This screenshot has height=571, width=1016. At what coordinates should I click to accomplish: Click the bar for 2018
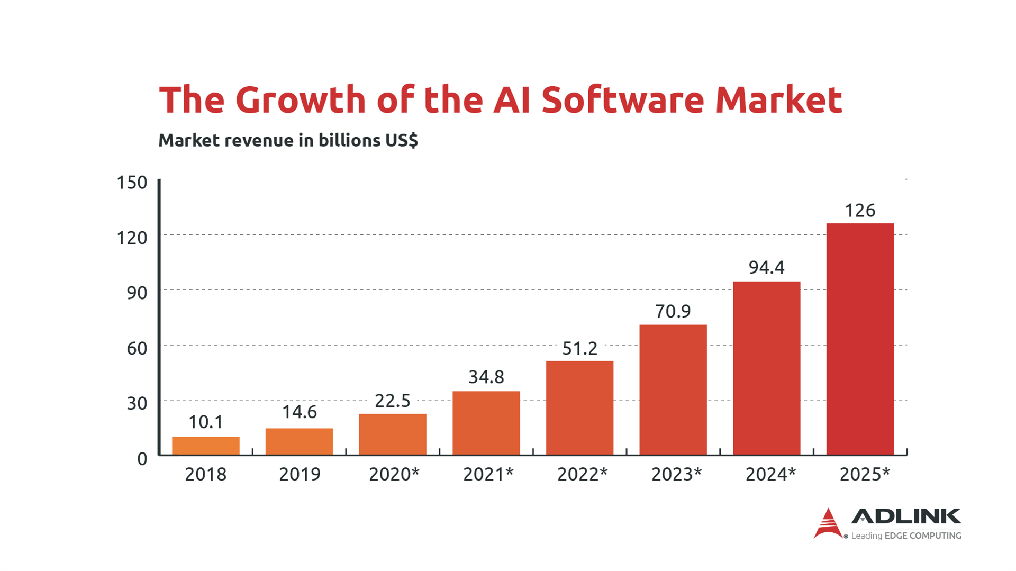tap(206, 446)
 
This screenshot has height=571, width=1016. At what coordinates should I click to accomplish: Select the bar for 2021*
tap(486, 423)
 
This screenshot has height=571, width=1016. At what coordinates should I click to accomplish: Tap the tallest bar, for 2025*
tap(860, 339)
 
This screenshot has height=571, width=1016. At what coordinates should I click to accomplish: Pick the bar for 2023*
tap(673, 389)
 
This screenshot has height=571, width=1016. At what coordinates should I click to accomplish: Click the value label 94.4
tap(766, 268)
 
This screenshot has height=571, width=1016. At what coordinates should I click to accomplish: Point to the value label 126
tap(860, 211)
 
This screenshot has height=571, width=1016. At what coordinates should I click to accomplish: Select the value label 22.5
tap(393, 401)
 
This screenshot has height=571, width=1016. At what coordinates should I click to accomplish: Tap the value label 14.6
tap(300, 412)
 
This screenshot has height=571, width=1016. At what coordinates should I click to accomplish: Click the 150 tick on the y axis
tap(132, 183)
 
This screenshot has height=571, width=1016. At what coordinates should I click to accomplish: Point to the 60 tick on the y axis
tap(137, 348)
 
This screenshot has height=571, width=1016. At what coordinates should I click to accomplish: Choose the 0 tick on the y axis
tap(142, 459)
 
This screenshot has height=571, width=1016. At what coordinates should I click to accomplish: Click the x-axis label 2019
tap(300, 474)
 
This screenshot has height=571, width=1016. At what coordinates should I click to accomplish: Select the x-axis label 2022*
tap(582, 474)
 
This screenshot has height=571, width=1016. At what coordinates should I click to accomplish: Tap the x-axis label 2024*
tap(770, 474)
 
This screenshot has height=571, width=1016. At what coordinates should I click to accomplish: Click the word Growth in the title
tap(301, 99)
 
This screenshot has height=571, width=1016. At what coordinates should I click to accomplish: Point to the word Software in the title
tap(622, 99)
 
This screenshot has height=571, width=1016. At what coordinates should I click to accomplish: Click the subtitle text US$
tap(402, 140)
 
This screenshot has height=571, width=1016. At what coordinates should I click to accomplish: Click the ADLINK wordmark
tap(906, 516)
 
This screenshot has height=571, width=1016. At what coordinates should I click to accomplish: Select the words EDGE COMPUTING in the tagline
tap(923, 536)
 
